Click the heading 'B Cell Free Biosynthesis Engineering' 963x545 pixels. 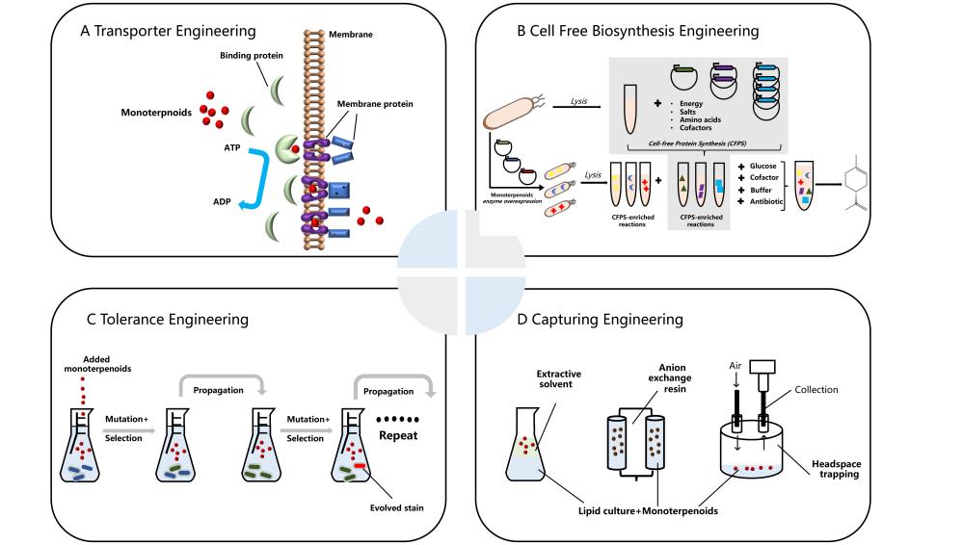(637, 31)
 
